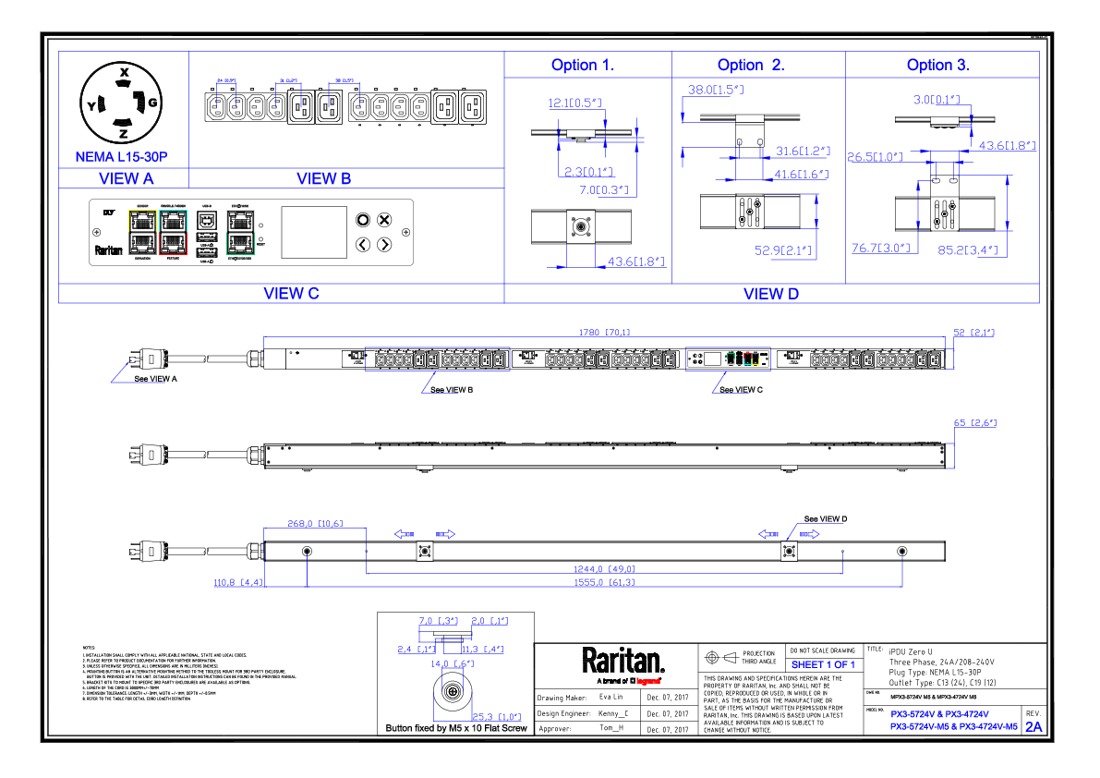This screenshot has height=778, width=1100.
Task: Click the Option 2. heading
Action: point(751,65)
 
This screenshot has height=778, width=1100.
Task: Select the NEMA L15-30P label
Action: point(123,157)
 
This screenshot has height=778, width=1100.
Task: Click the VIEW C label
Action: point(291,294)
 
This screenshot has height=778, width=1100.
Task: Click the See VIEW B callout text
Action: point(452,390)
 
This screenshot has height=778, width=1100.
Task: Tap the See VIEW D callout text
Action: point(825,519)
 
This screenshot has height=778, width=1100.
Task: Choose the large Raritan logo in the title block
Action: point(623,661)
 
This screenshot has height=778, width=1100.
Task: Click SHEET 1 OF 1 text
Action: point(823,664)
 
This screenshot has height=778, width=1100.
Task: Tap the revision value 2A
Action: point(1033,727)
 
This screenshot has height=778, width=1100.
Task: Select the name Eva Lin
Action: point(611,698)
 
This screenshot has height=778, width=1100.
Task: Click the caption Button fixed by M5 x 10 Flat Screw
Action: point(456,729)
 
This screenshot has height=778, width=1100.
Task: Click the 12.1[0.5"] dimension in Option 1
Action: point(575,103)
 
